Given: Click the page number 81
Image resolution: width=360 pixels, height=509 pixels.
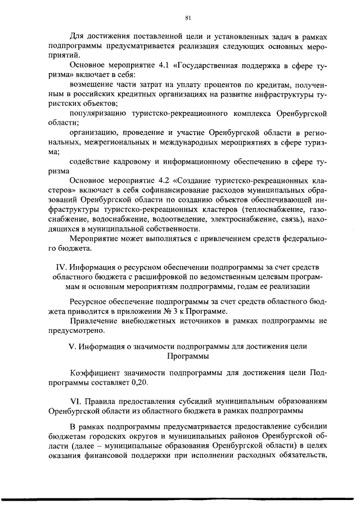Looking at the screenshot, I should click(181, 17).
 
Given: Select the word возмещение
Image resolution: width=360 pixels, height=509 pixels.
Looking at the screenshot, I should click(93, 84).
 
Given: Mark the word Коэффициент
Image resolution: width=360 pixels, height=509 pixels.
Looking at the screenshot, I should click(93, 373).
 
